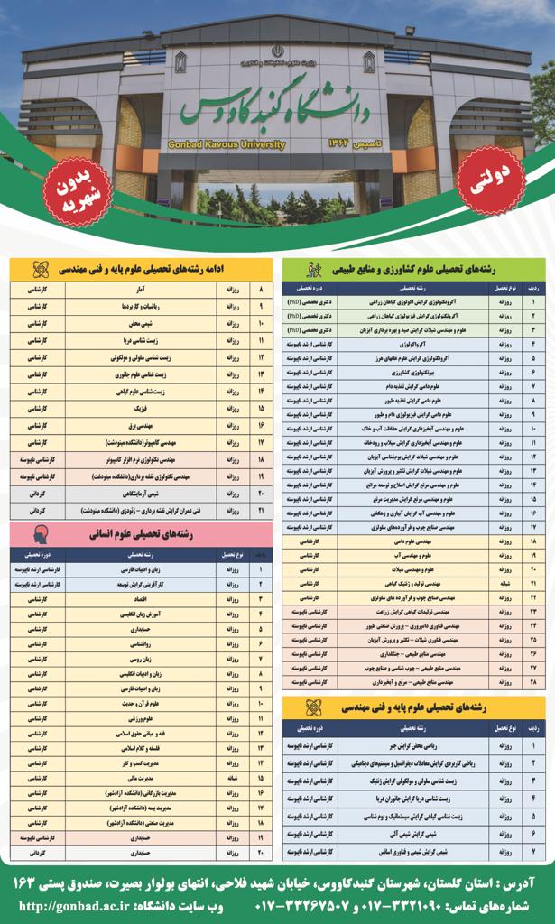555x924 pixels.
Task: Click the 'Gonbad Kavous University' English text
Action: click(x=226, y=143)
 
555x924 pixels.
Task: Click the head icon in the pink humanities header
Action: click(x=42, y=532)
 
